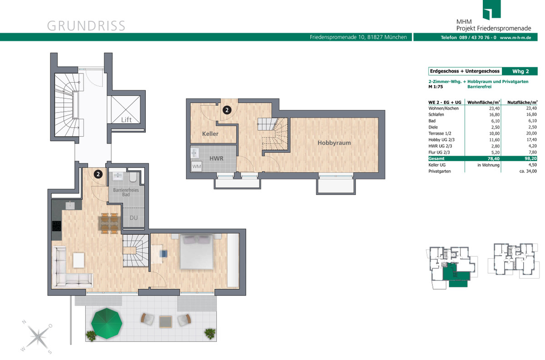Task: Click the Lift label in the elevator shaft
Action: [126, 120]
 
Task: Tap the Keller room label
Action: [210, 133]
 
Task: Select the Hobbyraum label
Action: [334, 143]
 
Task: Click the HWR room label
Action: [216, 158]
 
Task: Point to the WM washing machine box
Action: [196, 166]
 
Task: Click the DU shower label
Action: [134, 218]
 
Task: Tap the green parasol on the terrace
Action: [107, 323]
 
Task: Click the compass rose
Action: [37, 337]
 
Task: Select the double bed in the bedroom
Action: [197, 252]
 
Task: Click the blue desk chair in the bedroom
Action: [163, 254]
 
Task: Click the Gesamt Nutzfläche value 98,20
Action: [530, 158]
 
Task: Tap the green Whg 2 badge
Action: [520, 71]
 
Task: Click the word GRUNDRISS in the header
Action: [86, 26]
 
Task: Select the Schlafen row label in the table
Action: [436, 114]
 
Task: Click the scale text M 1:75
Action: [436, 87]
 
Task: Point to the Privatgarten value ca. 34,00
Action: [528, 171]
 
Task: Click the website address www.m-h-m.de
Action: [515, 38]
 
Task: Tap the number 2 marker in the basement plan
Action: [227, 110]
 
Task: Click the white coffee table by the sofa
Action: [79, 261]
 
